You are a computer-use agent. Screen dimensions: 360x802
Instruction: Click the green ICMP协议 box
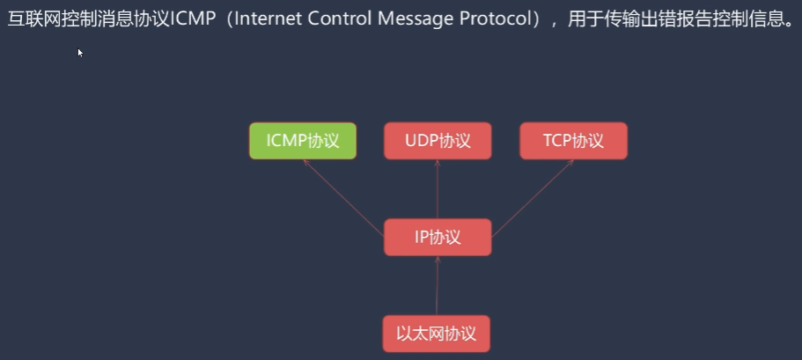pos(303,141)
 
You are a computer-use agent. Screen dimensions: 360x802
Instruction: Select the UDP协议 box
pos(438,141)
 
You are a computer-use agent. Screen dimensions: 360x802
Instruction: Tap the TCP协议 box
pos(573,141)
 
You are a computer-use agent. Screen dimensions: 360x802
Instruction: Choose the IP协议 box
pos(438,238)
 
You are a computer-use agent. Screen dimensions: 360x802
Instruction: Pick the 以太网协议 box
pos(437,334)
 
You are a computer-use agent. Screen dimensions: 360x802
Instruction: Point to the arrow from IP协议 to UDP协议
pos(438,189)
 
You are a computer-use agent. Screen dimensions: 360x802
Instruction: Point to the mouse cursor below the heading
pos(80,53)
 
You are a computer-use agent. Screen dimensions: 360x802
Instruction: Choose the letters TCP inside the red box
pos(558,141)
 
